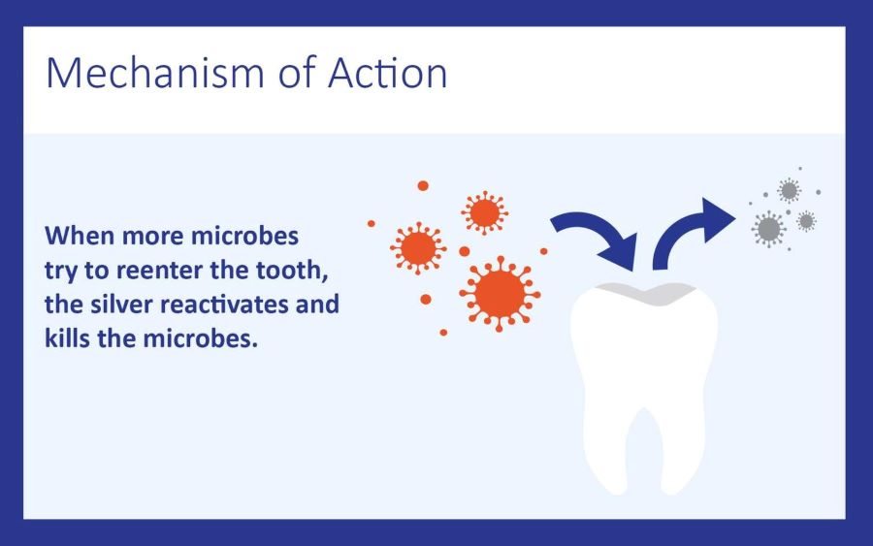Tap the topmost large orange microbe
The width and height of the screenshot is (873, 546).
point(482,211)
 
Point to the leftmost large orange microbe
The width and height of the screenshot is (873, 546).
point(417,247)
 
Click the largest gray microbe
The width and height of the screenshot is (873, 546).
point(768,228)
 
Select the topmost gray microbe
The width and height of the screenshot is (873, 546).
point(788,190)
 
